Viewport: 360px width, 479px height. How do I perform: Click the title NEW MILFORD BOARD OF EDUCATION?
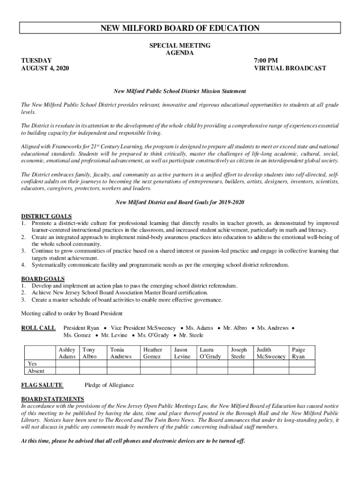tap(180, 29)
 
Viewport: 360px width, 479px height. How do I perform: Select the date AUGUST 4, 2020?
tap(45, 68)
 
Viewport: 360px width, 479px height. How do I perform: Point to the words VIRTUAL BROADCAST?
tap(290, 68)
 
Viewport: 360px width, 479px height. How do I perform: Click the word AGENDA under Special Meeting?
tap(180, 53)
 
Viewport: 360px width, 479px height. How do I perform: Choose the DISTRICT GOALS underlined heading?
tap(46, 217)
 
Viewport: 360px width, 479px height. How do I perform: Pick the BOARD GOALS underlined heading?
tap(43, 279)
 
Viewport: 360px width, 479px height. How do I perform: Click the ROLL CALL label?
tap(38, 328)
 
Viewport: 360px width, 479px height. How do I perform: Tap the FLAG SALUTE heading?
tap(42, 385)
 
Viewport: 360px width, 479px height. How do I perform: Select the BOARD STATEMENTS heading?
tap(52, 399)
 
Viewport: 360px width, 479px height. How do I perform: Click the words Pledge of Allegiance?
tap(109, 385)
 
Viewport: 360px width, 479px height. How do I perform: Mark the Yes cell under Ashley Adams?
tap(67, 363)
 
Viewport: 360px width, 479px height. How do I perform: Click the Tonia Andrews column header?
tap(121, 353)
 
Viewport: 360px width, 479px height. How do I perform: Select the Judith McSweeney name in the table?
tap(271, 353)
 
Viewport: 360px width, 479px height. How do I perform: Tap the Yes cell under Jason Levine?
tap(182, 363)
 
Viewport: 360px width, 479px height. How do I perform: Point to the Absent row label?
tap(36, 371)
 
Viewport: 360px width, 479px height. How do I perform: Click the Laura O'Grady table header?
tap(210, 353)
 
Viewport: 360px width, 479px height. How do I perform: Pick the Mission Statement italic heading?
tap(180, 91)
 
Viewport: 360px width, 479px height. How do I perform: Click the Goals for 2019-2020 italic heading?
tap(180, 203)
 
